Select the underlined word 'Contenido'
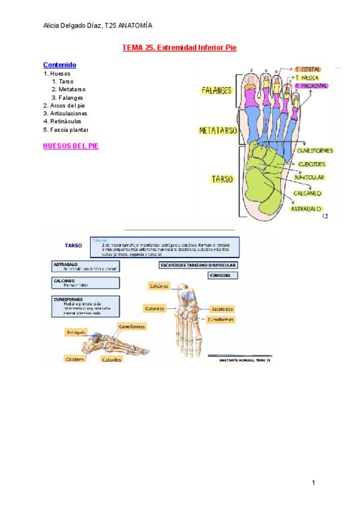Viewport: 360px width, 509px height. point(59,65)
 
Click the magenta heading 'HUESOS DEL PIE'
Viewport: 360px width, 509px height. point(71,146)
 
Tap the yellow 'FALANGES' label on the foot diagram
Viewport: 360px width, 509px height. point(217,91)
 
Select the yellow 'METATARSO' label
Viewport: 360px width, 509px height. point(218,130)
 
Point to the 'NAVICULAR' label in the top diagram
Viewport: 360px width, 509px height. point(310,178)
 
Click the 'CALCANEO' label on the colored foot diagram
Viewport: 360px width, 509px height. point(307,193)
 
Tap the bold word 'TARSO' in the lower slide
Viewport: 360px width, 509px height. point(73,245)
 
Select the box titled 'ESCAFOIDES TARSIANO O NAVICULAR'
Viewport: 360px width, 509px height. point(198,265)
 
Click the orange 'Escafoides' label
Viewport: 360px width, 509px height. point(222,309)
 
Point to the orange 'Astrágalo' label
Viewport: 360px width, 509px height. point(76,332)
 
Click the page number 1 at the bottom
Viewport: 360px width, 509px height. point(313,482)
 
